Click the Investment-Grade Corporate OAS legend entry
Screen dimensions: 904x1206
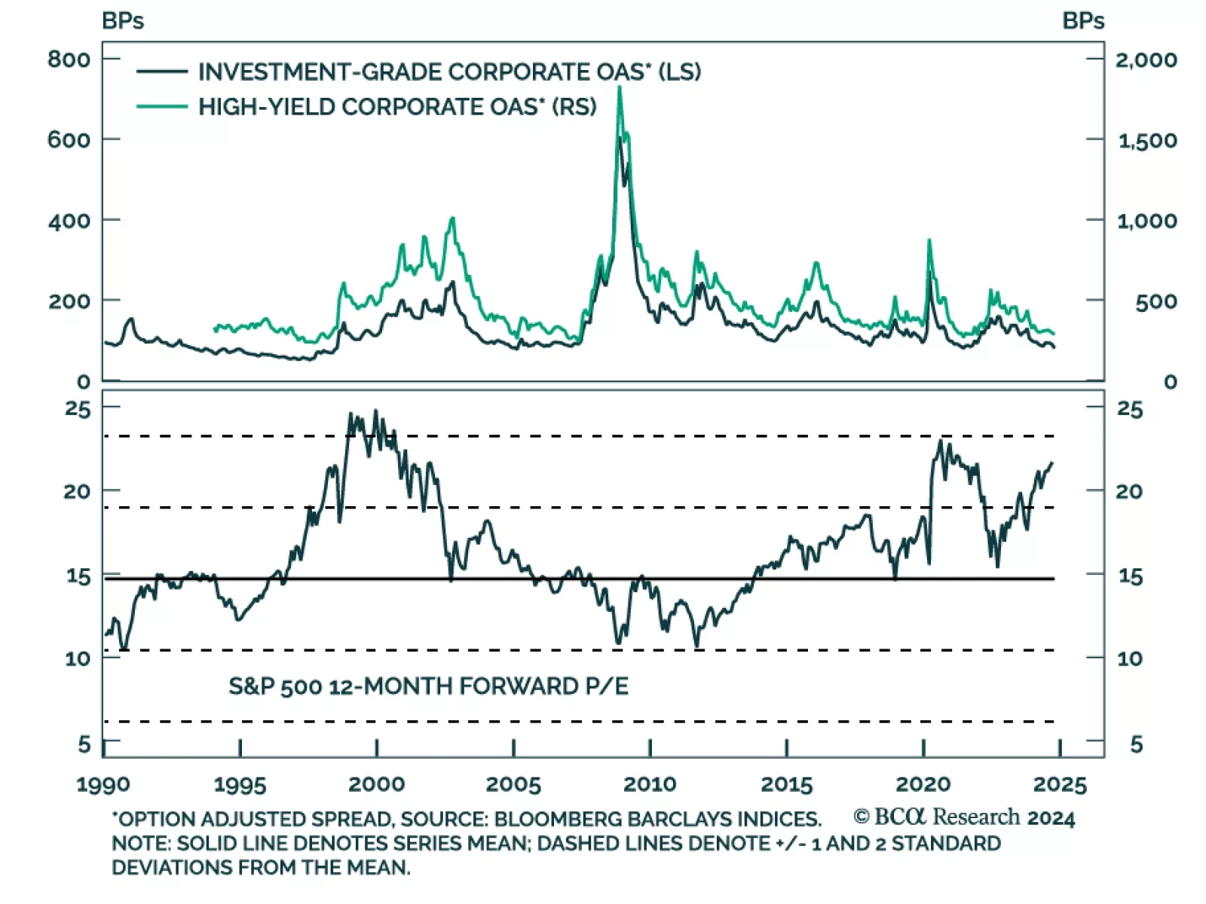click(x=449, y=72)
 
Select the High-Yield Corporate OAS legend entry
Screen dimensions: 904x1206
click(x=397, y=107)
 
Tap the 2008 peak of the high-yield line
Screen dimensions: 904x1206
click(x=620, y=88)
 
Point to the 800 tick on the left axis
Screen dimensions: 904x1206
click(x=69, y=60)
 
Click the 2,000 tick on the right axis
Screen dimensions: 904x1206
click(x=1146, y=60)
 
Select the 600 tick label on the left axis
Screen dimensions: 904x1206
click(x=69, y=140)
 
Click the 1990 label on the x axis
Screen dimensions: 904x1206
click(x=103, y=784)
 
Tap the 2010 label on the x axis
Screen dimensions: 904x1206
click(x=650, y=784)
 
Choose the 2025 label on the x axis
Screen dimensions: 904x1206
click(x=1060, y=784)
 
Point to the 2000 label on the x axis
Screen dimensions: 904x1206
click(x=376, y=784)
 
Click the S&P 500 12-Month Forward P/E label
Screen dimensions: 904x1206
click(x=428, y=686)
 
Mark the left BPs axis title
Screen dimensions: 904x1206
click(x=123, y=21)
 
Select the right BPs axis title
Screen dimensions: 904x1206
click(x=1083, y=21)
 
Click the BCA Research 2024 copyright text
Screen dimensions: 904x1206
click(x=964, y=817)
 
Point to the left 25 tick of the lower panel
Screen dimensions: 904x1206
click(x=78, y=409)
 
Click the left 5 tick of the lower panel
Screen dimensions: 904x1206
click(x=84, y=744)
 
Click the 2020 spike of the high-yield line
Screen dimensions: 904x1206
click(x=929, y=241)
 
